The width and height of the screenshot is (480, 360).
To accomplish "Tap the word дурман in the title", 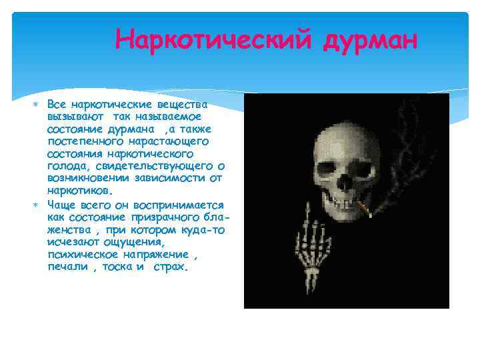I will click(370, 39).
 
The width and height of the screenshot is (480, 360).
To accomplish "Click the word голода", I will click(68, 165).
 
